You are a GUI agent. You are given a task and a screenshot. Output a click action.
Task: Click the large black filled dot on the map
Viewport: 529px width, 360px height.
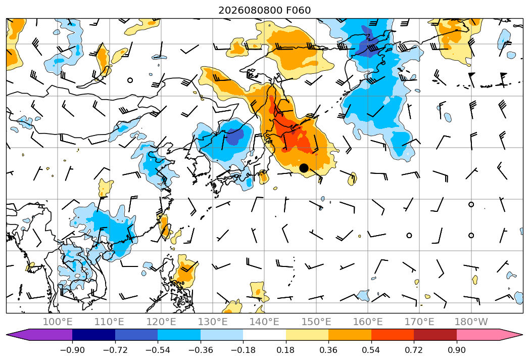304,168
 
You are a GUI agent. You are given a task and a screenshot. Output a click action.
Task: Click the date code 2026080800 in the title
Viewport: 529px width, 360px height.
250,11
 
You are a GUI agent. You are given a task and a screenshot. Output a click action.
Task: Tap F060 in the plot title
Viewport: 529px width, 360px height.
298,11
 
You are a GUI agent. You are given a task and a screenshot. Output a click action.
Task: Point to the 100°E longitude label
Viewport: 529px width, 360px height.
58,322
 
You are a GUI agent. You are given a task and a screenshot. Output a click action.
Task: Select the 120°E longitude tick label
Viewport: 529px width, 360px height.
161,322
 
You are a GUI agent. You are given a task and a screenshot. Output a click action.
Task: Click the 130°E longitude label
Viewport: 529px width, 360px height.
213,322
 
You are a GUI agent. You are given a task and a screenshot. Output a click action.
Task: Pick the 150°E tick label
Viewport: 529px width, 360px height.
316,322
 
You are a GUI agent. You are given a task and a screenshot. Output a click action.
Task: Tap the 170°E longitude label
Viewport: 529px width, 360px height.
419,322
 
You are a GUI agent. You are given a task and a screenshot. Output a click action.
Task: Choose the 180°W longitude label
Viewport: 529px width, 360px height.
471,322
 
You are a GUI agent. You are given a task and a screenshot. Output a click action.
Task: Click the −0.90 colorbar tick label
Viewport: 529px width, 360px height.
72,350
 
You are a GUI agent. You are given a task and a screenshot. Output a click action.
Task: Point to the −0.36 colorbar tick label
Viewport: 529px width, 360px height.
201,350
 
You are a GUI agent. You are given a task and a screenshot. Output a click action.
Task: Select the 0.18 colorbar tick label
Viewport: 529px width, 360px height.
286,350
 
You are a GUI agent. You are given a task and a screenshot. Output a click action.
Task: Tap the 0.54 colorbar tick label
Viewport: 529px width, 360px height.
371,350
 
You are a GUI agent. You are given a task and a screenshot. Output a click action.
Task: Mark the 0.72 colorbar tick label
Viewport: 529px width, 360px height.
414,350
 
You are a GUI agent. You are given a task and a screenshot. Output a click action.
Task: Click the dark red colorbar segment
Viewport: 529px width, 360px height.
435,335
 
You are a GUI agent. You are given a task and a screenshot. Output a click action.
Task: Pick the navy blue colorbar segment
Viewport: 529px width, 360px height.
93,335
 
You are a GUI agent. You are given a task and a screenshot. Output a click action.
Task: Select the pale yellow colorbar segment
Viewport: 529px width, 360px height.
307,335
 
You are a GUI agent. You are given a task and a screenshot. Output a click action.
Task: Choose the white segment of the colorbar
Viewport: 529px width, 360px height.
265,335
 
